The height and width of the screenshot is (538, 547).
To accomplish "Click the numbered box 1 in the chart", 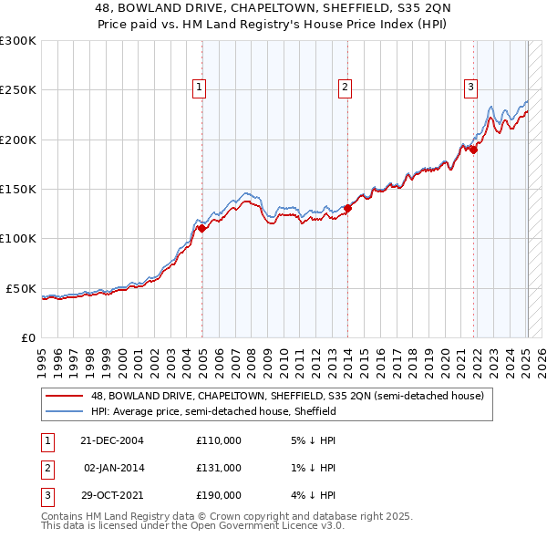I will tap(199, 88).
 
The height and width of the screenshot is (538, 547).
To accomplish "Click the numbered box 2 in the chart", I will tap(346, 88).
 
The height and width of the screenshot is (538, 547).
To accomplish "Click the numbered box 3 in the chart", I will tap(470, 88).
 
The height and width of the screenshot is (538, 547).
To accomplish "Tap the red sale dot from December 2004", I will tap(201, 229).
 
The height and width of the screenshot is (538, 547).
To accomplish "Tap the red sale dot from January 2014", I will tap(347, 208).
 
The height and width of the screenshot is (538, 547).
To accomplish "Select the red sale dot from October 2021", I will tap(474, 150).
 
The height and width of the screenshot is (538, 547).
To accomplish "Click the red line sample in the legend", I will tap(65, 397).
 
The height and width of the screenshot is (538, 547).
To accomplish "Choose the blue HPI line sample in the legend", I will tap(65, 412).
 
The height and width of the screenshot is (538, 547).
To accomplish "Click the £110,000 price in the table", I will tap(219, 440).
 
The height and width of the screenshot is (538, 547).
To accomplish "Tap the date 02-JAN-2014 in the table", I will tap(113, 468).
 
